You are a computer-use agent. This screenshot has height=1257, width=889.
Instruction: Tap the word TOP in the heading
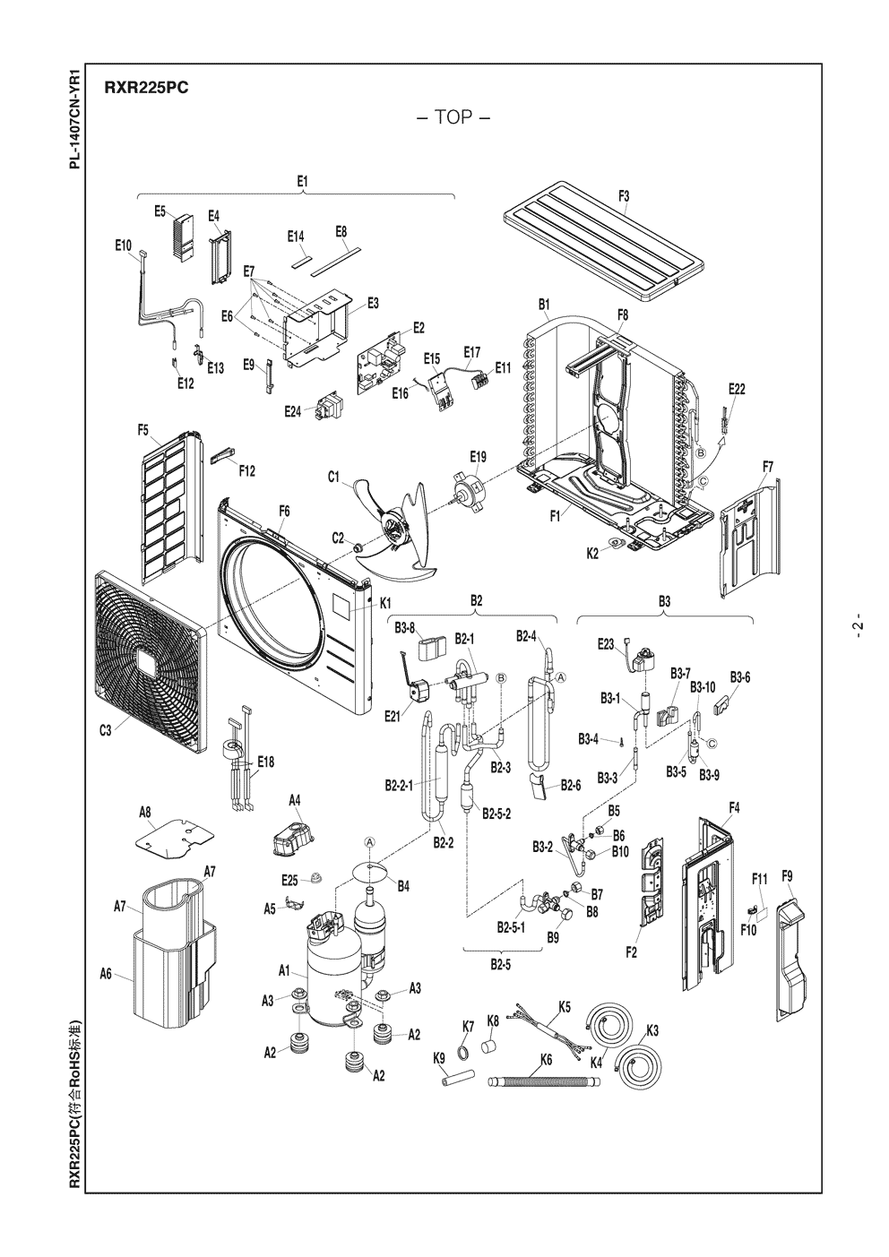click(x=453, y=118)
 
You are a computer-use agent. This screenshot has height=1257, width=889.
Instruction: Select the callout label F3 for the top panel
click(x=624, y=195)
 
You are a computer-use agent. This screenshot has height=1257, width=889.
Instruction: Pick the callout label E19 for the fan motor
click(x=479, y=457)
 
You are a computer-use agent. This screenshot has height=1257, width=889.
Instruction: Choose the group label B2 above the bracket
click(x=477, y=600)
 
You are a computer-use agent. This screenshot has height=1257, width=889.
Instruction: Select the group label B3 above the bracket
click(x=664, y=600)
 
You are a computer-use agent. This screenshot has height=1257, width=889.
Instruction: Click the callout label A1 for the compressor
click(x=284, y=970)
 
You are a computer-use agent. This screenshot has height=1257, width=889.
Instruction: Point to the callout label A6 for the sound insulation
click(x=105, y=973)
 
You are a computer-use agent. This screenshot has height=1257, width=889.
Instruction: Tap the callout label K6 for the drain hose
click(x=547, y=1059)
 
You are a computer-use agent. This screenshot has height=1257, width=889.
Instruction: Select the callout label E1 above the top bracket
click(x=303, y=181)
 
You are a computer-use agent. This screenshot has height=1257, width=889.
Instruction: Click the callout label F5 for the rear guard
click(x=143, y=430)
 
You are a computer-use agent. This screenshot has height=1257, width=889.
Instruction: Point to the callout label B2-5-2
click(x=496, y=814)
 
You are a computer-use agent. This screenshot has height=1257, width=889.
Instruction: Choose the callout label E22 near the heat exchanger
click(x=737, y=388)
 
